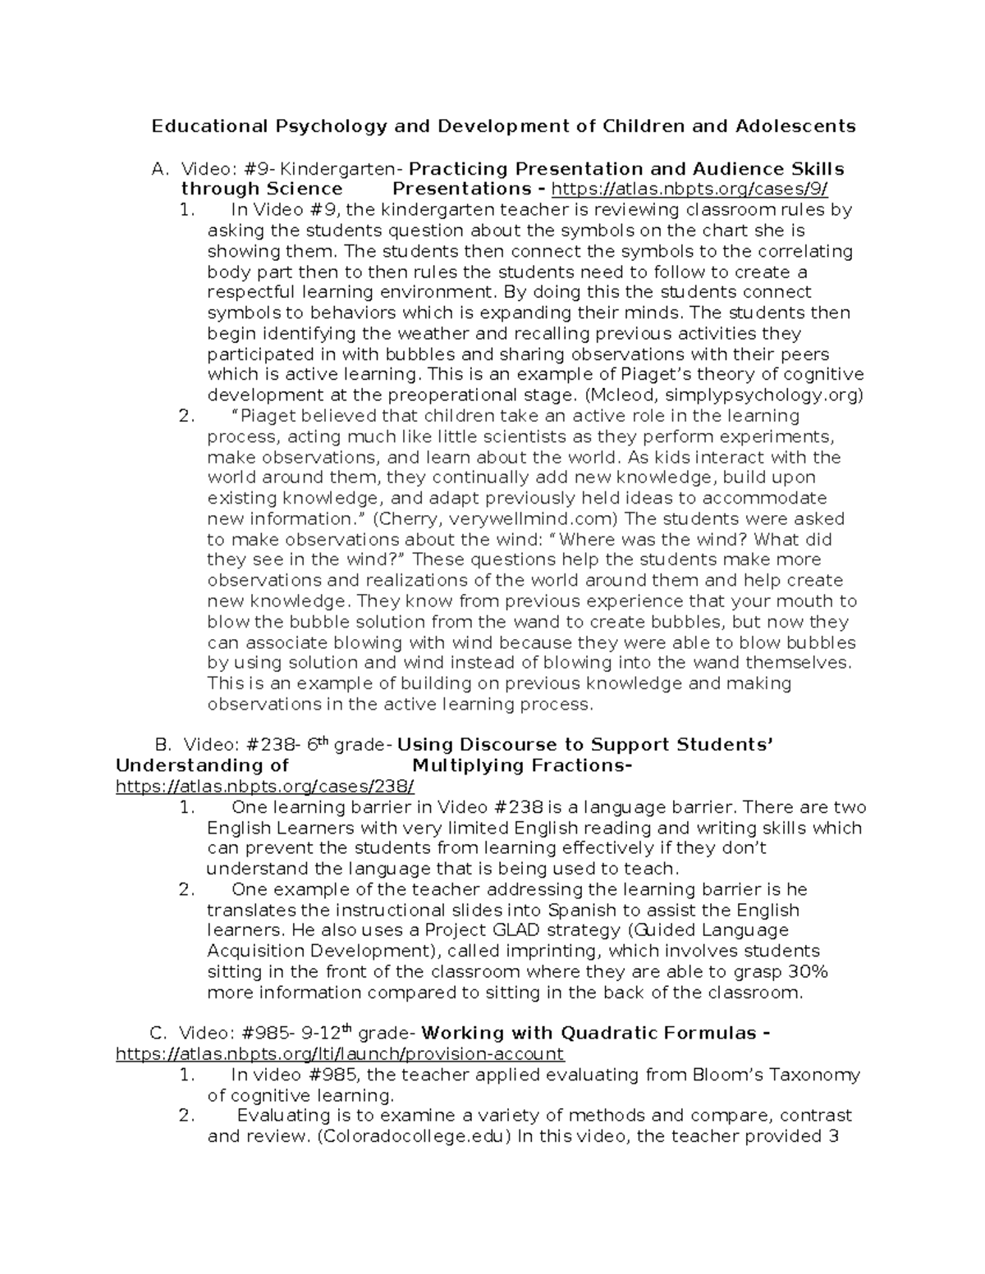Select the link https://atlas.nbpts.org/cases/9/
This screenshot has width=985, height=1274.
[689, 190]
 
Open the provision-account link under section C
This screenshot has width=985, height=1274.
[340, 1054]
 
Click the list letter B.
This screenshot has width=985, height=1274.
[162, 745]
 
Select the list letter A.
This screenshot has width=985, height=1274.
[158, 169]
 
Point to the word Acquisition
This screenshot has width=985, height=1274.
[256, 952]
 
